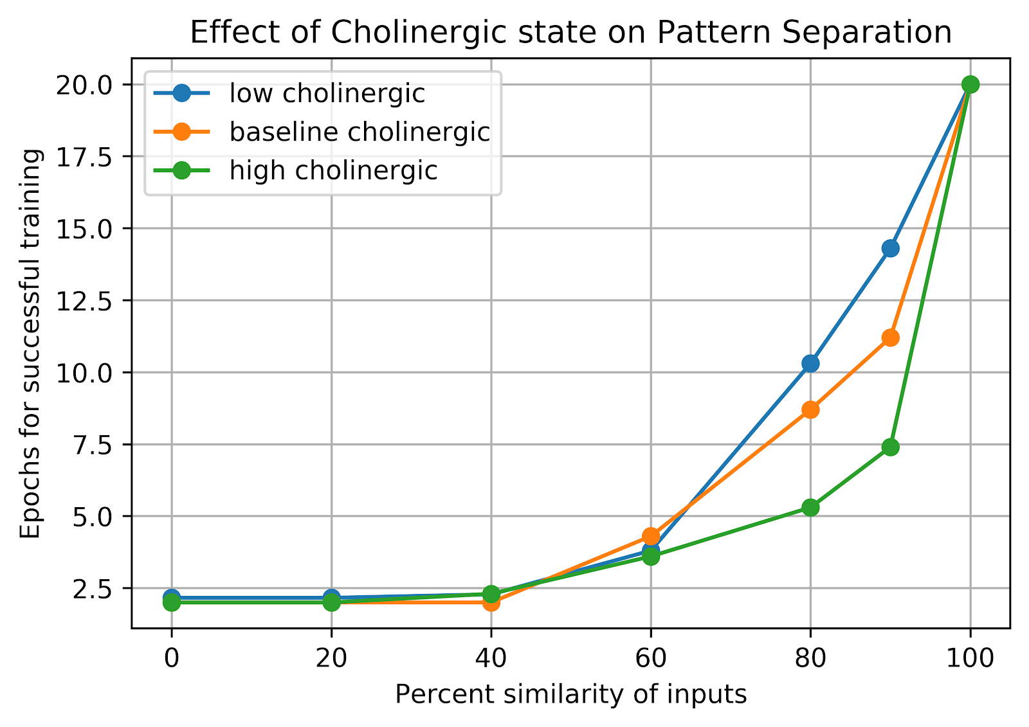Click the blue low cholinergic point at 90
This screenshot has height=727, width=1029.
pos(890,248)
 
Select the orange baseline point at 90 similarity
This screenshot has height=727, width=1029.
pos(890,337)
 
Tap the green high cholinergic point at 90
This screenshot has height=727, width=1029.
pos(890,447)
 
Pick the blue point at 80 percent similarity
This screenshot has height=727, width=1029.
pos(810,363)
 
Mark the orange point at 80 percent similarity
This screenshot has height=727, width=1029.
pos(810,409)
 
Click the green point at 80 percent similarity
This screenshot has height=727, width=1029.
pos(810,507)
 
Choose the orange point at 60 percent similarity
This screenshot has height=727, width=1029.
pos(651,535)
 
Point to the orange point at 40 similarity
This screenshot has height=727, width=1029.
pos(491,602)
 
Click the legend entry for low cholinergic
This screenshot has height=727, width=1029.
pos(327,94)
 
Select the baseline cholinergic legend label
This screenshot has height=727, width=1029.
pos(360,132)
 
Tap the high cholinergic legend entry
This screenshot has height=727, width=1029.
pos(333,171)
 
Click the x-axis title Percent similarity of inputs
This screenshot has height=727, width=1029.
pos(570,695)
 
